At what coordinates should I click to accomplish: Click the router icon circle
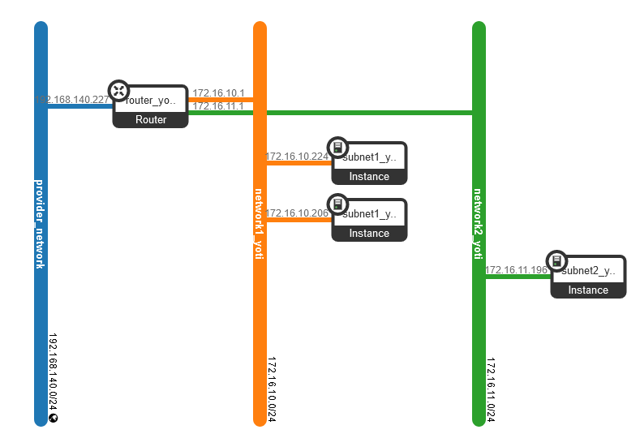click(119, 91)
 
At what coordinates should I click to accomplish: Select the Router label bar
click(150, 120)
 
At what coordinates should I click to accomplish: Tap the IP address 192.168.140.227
click(72, 100)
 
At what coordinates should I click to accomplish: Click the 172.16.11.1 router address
click(218, 106)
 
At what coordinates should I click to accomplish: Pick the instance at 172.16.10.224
click(369, 163)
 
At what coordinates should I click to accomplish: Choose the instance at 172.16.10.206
click(369, 220)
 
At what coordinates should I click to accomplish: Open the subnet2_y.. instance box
click(588, 277)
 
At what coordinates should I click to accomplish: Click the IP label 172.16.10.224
click(297, 157)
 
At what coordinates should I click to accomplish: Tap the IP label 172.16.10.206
click(297, 213)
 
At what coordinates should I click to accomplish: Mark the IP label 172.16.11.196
click(516, 270)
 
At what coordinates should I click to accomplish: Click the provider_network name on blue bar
click(41, 222)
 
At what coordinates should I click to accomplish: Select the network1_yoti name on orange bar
click(260, 223)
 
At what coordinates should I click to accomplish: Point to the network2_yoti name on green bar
click(479, 223)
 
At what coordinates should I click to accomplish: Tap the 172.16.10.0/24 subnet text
click(273, 389)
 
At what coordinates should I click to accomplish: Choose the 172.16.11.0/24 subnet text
click(492, 389)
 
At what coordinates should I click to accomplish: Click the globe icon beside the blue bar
click(54, 419)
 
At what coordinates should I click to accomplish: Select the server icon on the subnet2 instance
click(556, 261)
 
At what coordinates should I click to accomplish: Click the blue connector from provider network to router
click(79, 106)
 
